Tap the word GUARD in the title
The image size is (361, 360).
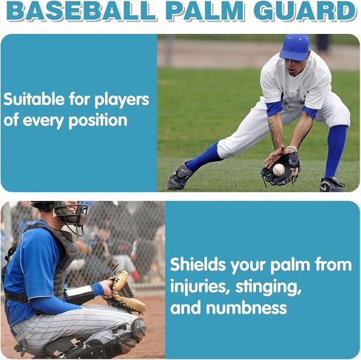[305, 11]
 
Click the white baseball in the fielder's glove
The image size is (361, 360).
[279, 169]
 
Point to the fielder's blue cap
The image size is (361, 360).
[295, 47]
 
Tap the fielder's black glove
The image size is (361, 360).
[281, 169]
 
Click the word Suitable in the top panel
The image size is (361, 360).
[34, 99]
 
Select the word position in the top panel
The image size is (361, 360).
[98, 120]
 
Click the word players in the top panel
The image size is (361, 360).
[122, 101]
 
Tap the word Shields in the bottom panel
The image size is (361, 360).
[198, 265]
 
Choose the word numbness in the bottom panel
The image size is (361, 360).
[246, 308]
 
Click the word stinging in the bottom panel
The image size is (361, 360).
[269, 287]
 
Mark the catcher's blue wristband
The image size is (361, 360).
[98, 289]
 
